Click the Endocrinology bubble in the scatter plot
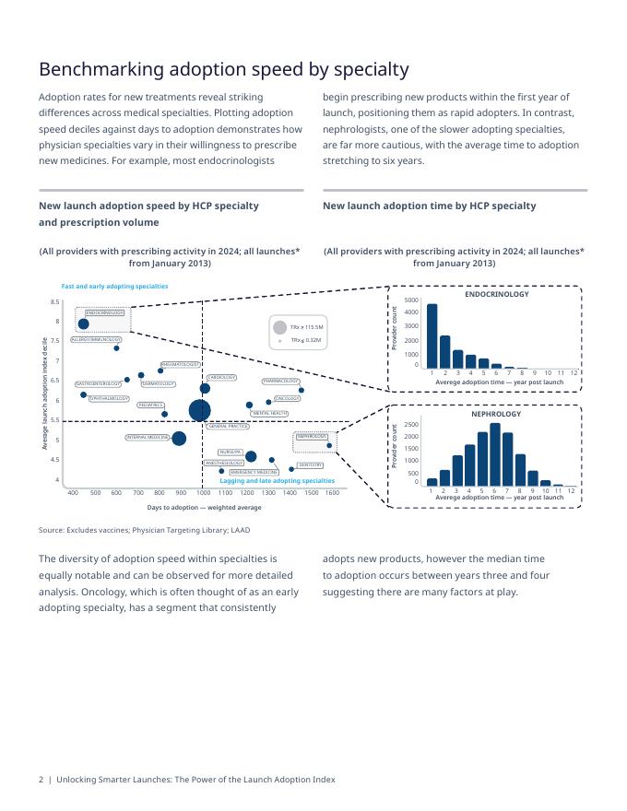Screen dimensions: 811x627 [x=84, y=323]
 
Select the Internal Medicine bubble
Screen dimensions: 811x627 [x=179, y=439]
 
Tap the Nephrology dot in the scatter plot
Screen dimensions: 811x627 [x=329, y=446]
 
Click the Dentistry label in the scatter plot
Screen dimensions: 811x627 [x=310, y=465]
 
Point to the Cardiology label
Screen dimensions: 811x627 [x=221, y=377]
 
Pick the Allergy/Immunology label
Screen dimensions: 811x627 [x=95, y=339]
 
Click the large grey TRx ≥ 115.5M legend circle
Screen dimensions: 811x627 [x=279, y=327]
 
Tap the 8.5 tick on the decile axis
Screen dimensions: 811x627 [x=55, y=302]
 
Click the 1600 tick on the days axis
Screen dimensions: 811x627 [x=333, y=493]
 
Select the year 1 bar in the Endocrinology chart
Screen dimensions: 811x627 [x=432, y=335]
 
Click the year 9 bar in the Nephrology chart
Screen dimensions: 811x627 [x=533, y=477]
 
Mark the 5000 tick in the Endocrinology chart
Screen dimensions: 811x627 [x=411, y=300]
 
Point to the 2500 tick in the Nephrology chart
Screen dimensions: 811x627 [x=411, y=425]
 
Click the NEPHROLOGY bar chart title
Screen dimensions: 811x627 [x=496, y=414]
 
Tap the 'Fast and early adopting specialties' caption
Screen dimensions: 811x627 [x=114, y=287]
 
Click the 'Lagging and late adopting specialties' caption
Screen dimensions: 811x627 [x=277, y=481]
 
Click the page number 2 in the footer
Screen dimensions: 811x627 [x=41, y=780]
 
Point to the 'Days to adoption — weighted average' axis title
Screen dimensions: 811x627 [x=204, y=508]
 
